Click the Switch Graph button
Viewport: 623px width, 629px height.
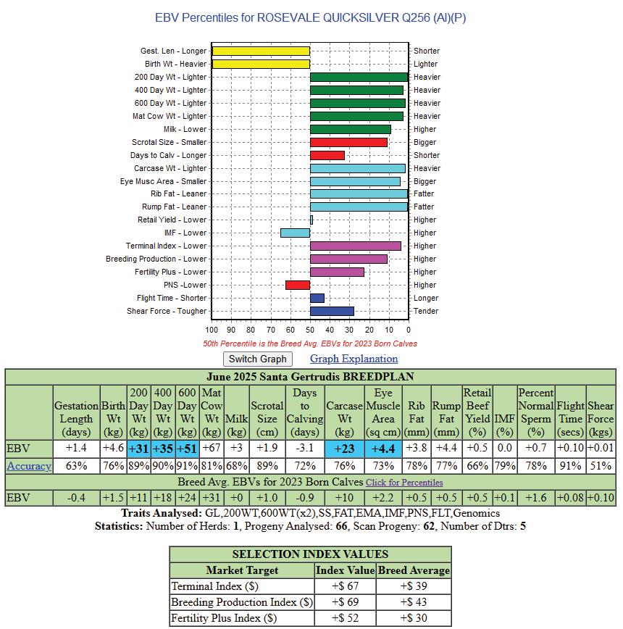pos(257,359)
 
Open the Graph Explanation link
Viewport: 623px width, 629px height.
pos(354,359)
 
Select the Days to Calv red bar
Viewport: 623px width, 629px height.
pos(327,155)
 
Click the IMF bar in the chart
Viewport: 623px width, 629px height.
pos(295,233)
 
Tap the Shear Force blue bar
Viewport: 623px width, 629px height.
pos(332,311)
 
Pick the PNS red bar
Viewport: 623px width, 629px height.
pos(298,285)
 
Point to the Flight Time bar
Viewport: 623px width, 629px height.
pos(317,298)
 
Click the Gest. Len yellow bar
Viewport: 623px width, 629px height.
pos(261,51)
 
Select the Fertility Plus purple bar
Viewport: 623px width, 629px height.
pos(337,272)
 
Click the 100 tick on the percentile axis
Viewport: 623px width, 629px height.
pos(212,330)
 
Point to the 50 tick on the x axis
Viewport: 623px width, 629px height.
pos(310,330)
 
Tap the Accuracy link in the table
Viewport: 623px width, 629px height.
pos(29,466)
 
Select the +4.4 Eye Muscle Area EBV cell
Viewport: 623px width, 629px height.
pos(383,449)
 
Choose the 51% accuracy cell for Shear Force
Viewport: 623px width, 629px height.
pos(601,466)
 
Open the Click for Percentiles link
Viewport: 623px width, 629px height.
pos(404,483)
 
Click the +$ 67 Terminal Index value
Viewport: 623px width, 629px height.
pos(345,586)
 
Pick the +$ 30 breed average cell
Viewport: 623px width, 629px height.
pos(413,618)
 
